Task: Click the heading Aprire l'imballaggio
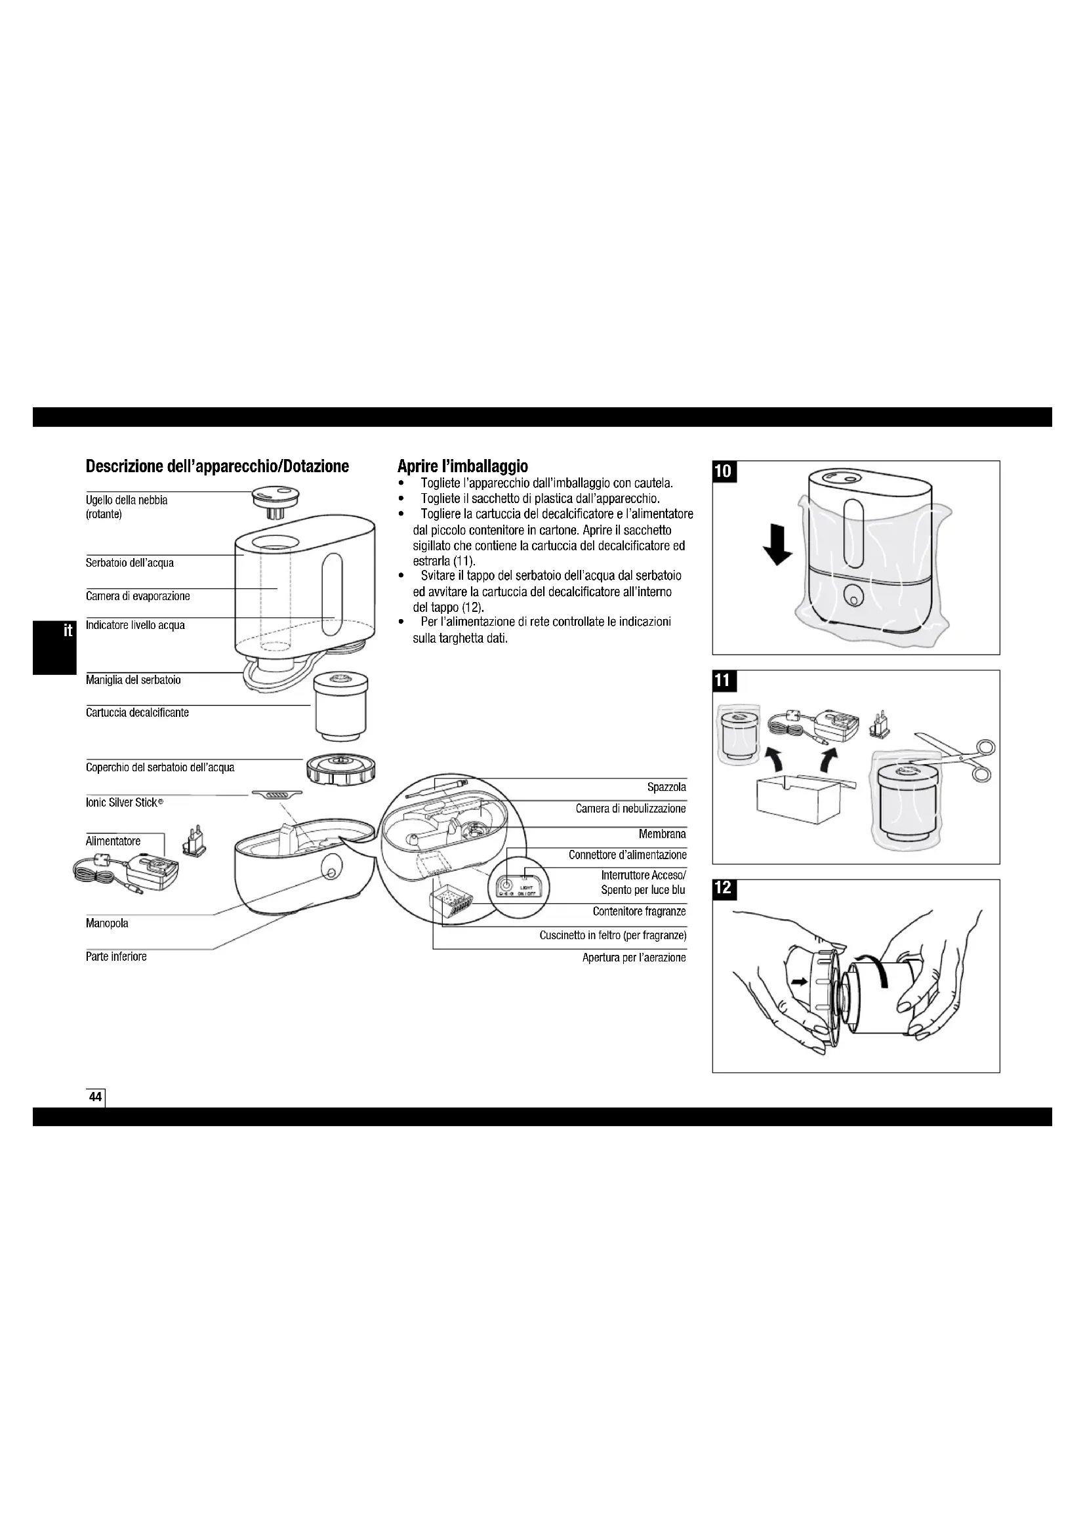462,466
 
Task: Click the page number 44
96,1097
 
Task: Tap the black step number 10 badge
724,471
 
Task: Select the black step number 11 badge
723,681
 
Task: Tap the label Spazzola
666,787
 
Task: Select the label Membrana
661,834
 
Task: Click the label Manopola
107,923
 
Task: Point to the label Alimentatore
113,841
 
